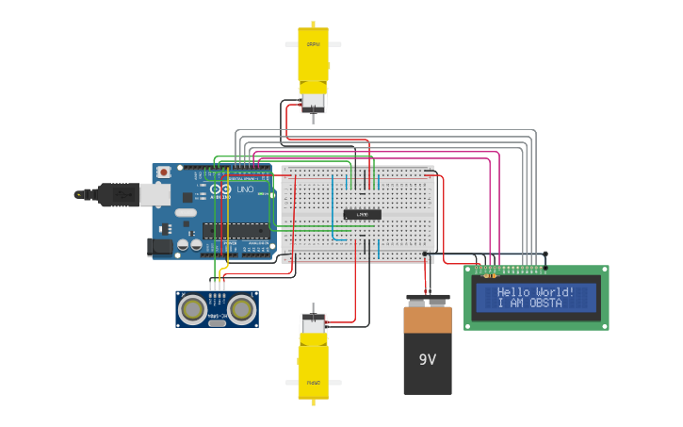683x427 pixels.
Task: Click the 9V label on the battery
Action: [x=428, y=360]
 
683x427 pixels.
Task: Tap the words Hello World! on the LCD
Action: [x=535, y=292]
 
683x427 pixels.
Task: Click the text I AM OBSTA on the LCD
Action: [x=529, y=304]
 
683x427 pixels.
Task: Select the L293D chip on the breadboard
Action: [x=362, y=214]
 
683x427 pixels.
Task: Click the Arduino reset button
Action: [x=164, y=172]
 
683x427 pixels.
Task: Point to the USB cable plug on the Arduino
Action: [x=111, y=194]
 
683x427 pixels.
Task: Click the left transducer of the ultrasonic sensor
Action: [x=193, y=308]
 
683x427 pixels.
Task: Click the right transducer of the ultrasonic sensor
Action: [x=241, y=308]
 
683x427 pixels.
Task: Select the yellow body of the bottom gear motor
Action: [x=313, y=368]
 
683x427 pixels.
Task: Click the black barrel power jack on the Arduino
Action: [x=161, y=247]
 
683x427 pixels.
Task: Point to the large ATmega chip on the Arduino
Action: [x=236, y=230]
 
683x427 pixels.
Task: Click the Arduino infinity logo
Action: [x=220, y=189]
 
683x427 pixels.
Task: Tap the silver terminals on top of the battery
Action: [x=428, y=300]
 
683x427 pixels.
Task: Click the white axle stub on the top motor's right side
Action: [x=334, y=44]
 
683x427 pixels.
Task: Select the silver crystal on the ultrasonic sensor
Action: [x=217, y=322]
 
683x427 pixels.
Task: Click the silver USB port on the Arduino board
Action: [x=155, y=194]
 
